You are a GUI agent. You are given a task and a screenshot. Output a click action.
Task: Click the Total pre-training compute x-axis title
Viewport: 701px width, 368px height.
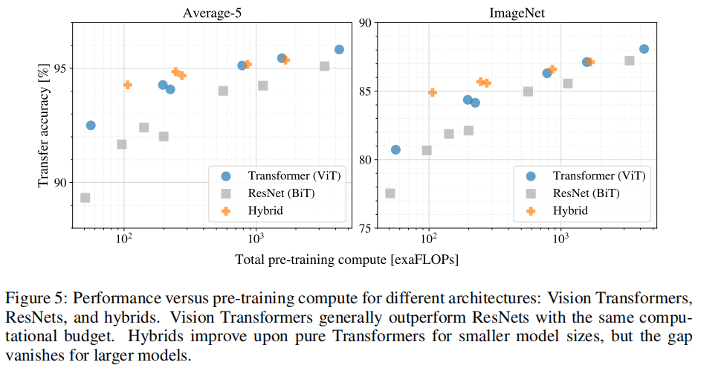click(x=346, y=259)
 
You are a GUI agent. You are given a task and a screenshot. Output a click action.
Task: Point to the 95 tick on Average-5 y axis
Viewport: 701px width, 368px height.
click(x=60, y=68)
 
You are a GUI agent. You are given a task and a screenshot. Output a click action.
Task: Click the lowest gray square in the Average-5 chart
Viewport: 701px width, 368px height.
click(x=85, y=198)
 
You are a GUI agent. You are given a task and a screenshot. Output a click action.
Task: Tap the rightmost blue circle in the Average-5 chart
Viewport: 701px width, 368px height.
click(x=339, y=49)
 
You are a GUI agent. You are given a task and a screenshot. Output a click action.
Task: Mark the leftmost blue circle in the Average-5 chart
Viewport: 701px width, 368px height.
click(x=91, y=125)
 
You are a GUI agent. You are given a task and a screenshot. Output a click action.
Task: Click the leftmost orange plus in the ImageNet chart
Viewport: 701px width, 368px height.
click(x=433, y=92)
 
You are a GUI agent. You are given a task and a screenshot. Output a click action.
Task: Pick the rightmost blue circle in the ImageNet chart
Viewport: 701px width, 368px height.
click(x=644, y=49)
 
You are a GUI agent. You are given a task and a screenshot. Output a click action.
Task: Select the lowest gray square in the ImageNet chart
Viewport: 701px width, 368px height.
click(x=390, y=193)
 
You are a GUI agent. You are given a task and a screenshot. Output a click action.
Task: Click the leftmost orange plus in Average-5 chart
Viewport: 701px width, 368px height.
click(x=127, y=85)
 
